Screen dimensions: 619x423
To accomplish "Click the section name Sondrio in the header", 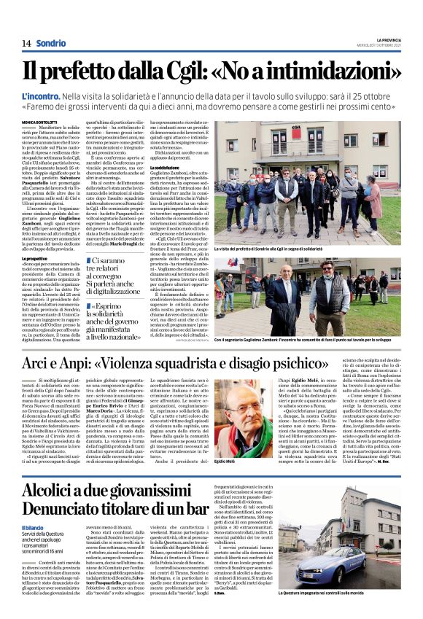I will [x=50, y=43].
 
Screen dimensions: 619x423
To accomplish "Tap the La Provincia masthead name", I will [x=389, y=39].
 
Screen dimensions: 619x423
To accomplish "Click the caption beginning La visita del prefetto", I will [x=281, y=249].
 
